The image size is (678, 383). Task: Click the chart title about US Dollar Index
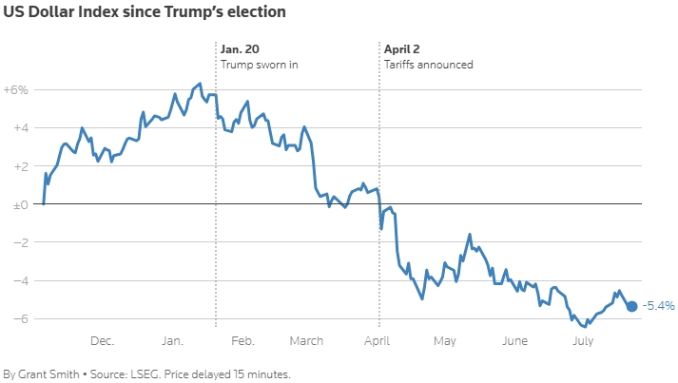click(144, 13)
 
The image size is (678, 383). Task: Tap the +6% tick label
click(17, 89)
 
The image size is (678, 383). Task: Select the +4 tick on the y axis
click(19, 127)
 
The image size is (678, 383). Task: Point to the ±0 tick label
click(19, 204)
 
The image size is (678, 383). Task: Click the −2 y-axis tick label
click(19, 242)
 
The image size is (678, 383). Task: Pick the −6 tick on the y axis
click(19, 318)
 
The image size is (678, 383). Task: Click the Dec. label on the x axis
click(102, 341)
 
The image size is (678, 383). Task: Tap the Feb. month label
click(242, 341)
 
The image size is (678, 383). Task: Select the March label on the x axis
click(306, 341)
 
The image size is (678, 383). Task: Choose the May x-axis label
click(445, 341)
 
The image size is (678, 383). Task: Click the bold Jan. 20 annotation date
click(239, 48)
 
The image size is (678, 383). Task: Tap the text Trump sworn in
click(260, 65)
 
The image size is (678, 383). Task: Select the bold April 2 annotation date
click(402, 48)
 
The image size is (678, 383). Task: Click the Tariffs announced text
click(428, 65)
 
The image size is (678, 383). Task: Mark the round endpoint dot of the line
click(632, 305)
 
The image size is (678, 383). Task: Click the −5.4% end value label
click(658, 306)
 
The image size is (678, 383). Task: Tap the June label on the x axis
click(514, 341)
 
